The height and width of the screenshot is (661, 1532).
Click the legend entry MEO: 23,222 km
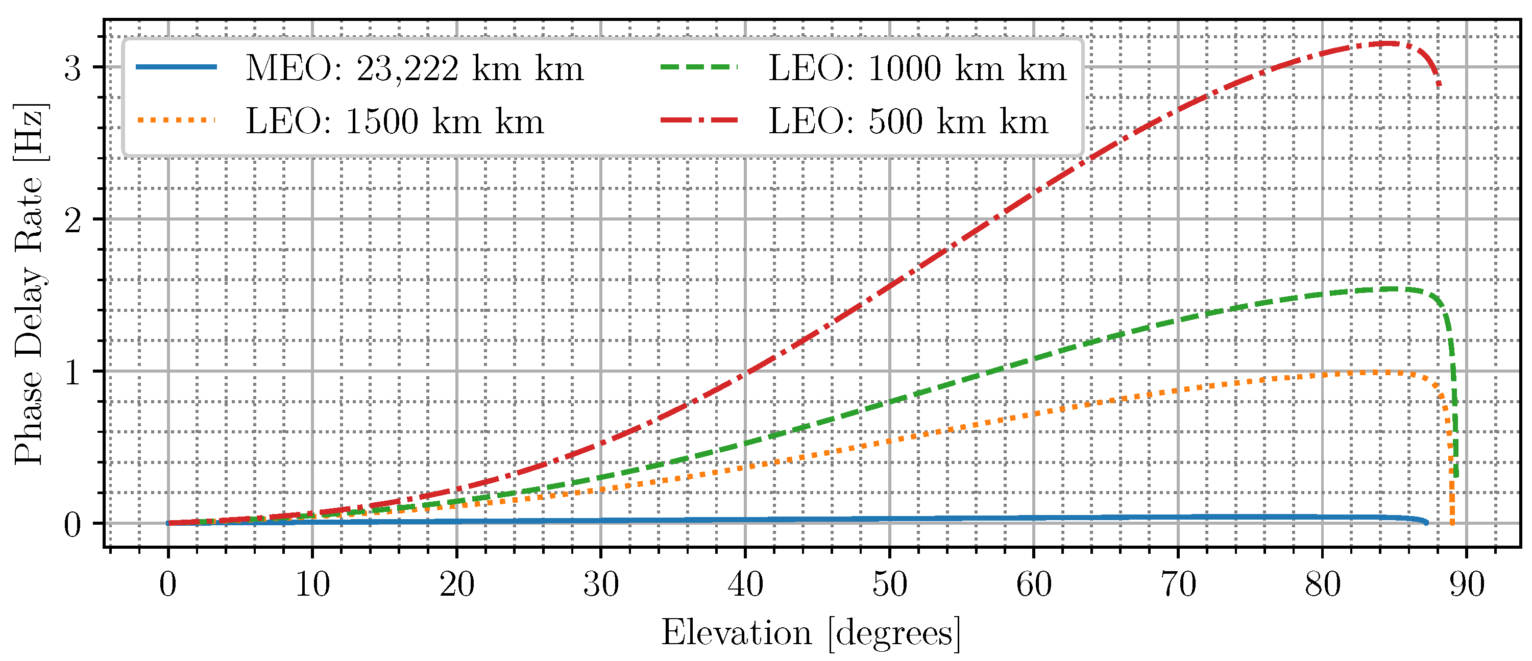point(415,68)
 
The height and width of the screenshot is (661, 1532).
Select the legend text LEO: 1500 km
point(395,122)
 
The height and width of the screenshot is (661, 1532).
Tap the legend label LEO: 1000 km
point(918,68)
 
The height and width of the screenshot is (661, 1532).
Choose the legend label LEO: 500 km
point(908,122)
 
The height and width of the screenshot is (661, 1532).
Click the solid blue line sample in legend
point(176,66)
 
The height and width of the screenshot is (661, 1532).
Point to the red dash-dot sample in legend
point(699,120)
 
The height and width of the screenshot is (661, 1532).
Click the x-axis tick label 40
point(745,585)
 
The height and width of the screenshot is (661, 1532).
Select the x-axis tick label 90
point(1467,585)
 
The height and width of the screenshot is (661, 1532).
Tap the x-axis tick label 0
point(168,585)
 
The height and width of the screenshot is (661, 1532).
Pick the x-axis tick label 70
point(1178,585)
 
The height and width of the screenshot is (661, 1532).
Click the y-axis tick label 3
point(72,68)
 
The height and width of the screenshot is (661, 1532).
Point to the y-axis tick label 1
point(72,373)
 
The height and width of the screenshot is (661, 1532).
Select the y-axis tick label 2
point(72,221)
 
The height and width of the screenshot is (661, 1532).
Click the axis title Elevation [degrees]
point(811,632)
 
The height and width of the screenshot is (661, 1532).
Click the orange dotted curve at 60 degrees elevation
point(1034,413)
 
